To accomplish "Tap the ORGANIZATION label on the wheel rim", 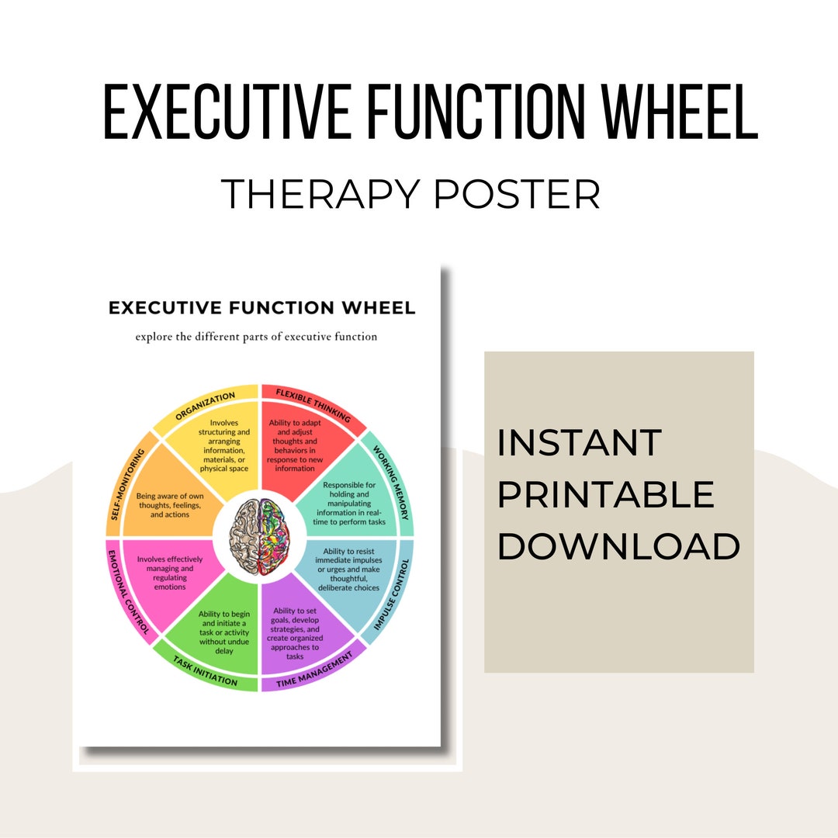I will click(206, 406).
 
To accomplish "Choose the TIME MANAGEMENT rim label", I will click(314, 670).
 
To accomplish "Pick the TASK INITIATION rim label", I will click(205, 670).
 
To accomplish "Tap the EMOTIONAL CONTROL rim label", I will click(127, 593).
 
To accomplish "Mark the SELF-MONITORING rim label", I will click(127, 482).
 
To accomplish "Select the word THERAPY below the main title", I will click(321, 193).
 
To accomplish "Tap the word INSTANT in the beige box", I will click(580, 443).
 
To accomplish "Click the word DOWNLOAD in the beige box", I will click(618, 546).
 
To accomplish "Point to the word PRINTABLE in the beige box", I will click(606, 494).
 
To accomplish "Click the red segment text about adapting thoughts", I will click(293, 445).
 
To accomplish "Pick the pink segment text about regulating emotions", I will click(161, 573).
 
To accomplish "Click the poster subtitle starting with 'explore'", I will click(256, 337).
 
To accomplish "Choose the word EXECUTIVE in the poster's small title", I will click(161, 308).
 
